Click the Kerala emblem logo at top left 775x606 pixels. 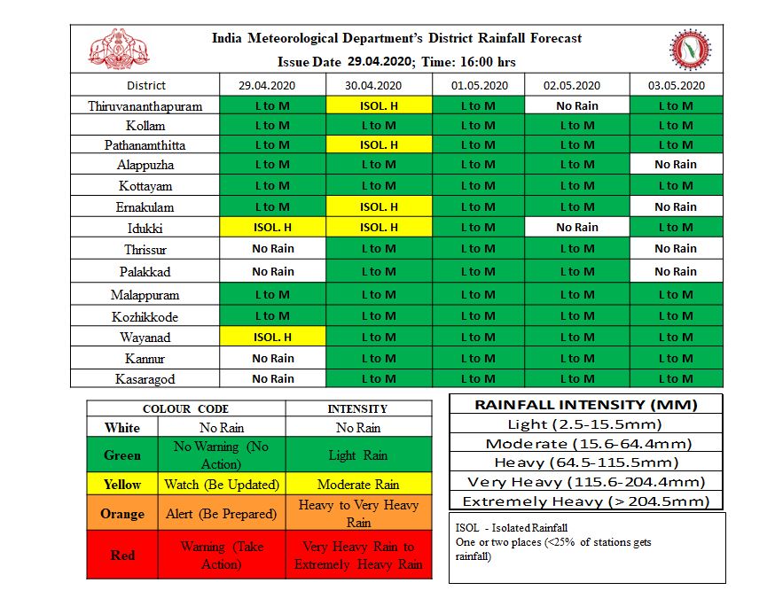[118, 49]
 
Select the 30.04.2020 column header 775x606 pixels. [379, 86]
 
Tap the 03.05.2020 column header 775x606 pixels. [676, 86]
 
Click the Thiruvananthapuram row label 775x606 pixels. [145, 106]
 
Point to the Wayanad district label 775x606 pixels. [145, 338]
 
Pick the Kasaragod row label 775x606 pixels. [145, 379]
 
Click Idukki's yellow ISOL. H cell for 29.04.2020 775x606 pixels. [272, 228]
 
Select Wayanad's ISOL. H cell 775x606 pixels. [272, 338]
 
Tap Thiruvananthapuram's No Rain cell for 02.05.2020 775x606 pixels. [576, 106]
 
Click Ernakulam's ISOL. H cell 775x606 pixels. [379, 207]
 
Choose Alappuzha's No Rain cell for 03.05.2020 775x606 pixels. [676, 165]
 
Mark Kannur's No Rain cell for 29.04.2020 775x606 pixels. [272, 359]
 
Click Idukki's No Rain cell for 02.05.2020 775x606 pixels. [576, 228]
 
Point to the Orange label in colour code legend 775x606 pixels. [122, 515]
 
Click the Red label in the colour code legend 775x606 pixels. [122, 555]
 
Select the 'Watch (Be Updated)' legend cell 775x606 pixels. [222, 485]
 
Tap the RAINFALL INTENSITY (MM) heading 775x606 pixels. [586, 405]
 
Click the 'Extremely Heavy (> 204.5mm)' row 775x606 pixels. [586, 501]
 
